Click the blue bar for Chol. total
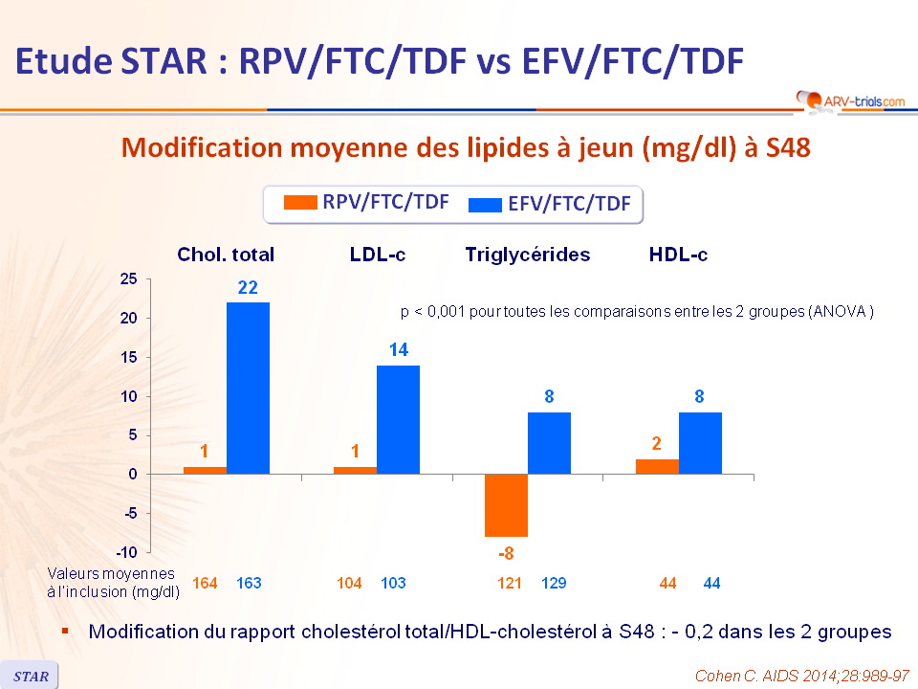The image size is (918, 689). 248,388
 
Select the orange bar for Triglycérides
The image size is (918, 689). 506,505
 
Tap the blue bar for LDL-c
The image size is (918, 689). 398,419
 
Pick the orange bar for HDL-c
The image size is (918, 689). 658,466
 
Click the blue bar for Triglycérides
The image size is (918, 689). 549,443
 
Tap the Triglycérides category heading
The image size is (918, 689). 527,255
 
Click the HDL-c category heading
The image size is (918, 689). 678,255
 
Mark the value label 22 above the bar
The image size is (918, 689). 248,287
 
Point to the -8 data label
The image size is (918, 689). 506,552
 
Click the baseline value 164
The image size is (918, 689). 205,583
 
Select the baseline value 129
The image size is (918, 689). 555,583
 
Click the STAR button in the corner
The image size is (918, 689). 30,676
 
